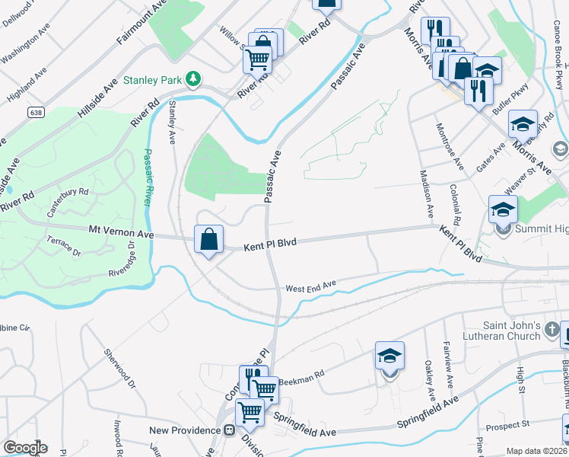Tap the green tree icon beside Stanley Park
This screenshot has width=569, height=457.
click(194, 78)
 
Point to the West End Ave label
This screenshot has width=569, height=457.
click(310, 287)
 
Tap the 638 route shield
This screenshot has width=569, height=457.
click(35, 112)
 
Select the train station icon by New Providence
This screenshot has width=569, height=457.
click(227, 430)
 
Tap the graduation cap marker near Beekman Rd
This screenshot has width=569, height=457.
click(389, 356)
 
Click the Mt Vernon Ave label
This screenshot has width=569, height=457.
click(122, 233)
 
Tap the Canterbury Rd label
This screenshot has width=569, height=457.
click(68, 203)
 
